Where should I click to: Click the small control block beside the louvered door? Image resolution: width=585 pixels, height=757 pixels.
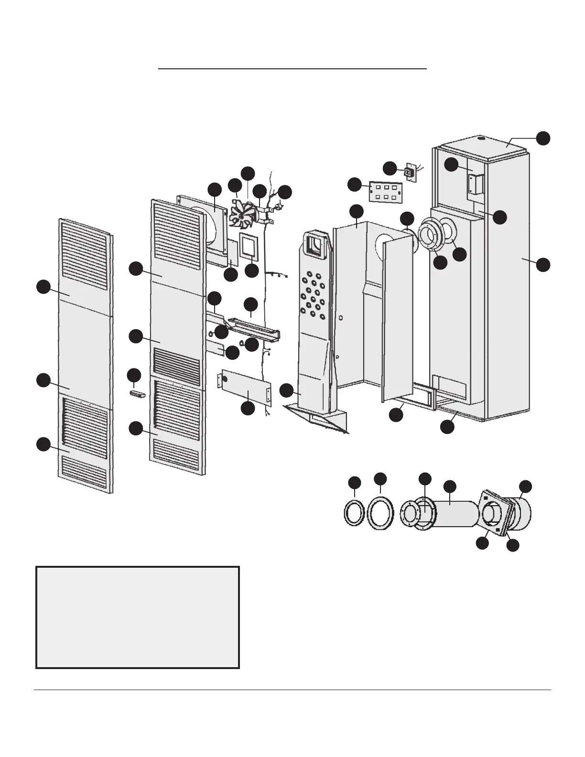[x=137, y=394]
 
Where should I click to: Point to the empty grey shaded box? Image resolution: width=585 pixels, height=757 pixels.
[x=138, y=617]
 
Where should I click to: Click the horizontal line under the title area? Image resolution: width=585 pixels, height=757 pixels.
[x=292, y=69]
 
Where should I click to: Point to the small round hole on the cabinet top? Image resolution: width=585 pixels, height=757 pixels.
[x=481, y=139]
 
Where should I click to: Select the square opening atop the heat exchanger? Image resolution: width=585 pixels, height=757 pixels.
[x=314, y=244]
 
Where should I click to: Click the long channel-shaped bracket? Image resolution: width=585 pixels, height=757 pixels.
[x=254, y=326]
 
